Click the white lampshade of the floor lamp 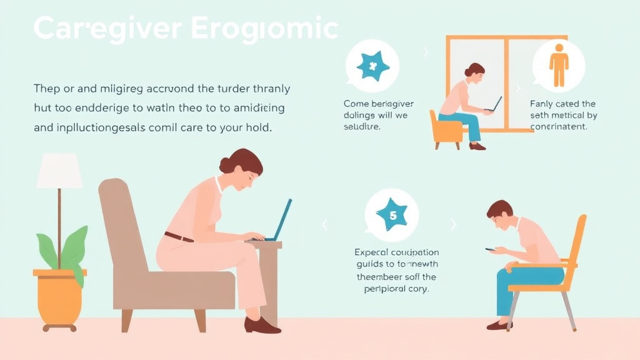coord(59,170)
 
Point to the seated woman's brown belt coord(179,237)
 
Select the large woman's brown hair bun coord(225,164)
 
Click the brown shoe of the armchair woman coord(261,325)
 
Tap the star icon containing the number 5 coord(392,215)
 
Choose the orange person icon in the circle coord(558,67)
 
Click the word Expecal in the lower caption coord(371,252)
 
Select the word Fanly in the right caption coord(543,104)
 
